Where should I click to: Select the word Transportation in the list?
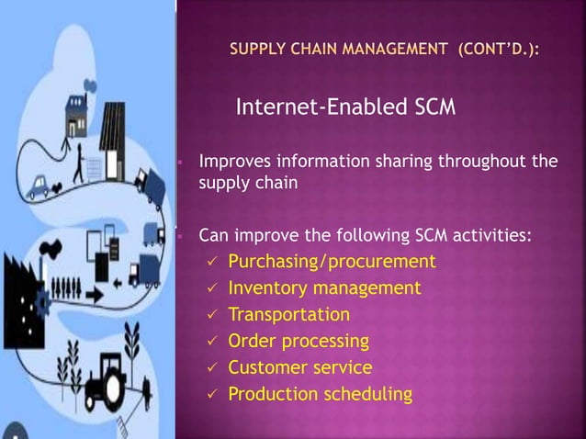288,315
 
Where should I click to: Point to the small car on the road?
39,191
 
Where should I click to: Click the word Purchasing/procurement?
332,263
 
